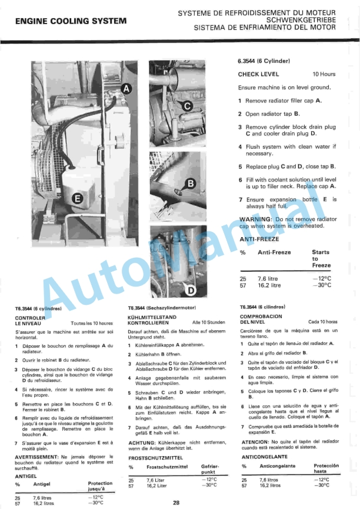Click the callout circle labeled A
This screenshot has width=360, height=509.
pos(125,89)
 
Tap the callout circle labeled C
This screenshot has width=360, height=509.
pos(186,106)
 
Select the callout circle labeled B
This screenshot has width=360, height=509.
pos(190,184)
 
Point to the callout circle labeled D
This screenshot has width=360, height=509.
pos(191,290)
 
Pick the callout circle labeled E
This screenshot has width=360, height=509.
pos(76,199)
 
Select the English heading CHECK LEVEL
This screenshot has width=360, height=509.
pos(258,75)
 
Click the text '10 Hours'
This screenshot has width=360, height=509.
pos(324,75)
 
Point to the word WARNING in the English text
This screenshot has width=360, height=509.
pos(254,219)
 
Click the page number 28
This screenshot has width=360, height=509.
pos(176,502)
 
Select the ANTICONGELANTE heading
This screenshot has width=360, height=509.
pos(265,456)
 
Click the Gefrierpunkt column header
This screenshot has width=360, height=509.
pos(209,468)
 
